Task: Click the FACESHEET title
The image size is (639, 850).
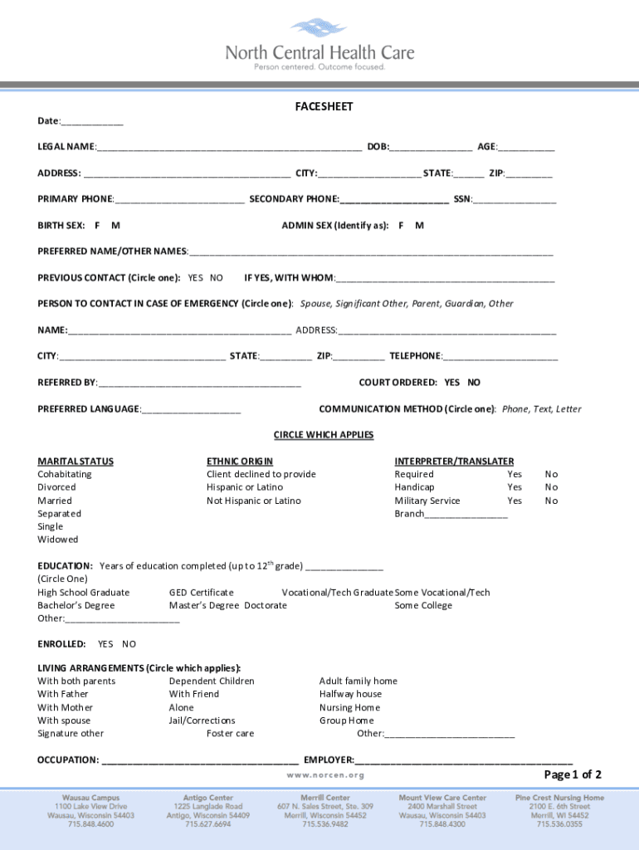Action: click(324, 107)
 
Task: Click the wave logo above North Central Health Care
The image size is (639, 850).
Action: click(319, 30)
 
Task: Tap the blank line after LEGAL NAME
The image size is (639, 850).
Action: click(228, 149)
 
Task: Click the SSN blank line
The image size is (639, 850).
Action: click(515, 200)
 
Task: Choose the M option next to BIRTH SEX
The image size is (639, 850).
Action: click(115, 226)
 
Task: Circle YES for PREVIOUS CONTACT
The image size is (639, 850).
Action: click(196, 278)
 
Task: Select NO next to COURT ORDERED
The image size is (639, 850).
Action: click(474, 383)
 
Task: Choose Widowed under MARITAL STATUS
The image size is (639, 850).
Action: click(58, 540)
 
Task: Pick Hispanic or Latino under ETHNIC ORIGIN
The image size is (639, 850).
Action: click(245, 487)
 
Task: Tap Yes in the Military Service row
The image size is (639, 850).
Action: click(515, 501)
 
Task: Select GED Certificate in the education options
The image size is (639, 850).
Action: click(202, 593)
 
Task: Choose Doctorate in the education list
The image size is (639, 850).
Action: click(266, 606)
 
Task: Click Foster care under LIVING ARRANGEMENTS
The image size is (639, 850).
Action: click(231, 734)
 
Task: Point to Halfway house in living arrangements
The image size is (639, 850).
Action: click(350, 694)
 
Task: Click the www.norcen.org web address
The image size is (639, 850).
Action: click(325, 774)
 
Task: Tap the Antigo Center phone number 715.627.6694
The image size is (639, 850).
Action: click(207, 824)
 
